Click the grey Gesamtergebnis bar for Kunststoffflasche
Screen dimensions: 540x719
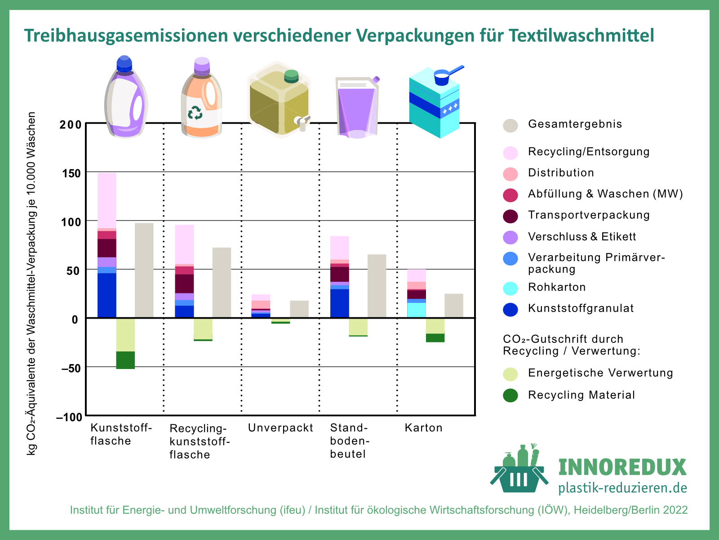tap(144, 270)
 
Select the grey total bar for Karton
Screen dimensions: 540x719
tap(453, 306)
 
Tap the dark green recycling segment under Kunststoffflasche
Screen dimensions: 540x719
tap(125, 360)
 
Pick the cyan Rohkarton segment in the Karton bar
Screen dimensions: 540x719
tap(417, 310)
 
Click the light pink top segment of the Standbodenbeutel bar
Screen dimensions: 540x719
tap(339, 247)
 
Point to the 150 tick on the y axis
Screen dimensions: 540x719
tap(71, 173)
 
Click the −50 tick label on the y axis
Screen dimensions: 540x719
tap(69, 368)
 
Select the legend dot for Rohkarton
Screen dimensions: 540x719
tap(510, 288)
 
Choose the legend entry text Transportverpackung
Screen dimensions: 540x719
tap(589, 215)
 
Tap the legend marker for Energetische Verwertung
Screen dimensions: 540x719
tap(510, 374)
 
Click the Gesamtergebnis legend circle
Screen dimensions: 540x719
tap(510, 126)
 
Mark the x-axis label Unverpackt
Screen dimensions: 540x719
tap(280, 428)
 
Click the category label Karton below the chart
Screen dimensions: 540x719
tap(423, 428)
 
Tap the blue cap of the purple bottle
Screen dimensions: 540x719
tap(124, 64)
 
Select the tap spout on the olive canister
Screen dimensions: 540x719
tap(302, 123)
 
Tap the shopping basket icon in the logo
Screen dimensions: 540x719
tap(519, 477)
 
